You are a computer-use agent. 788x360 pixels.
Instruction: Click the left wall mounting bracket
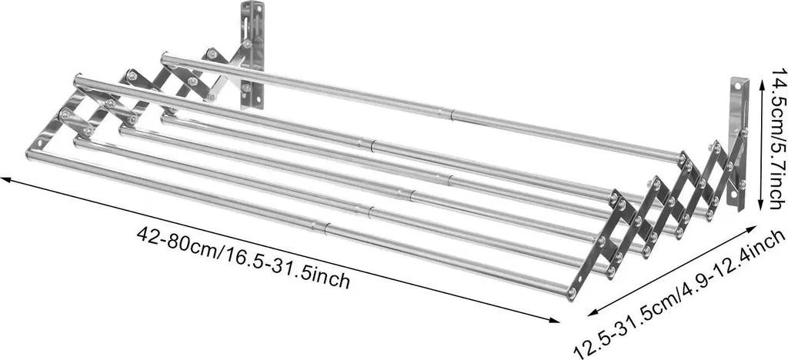click(x=252, y=55)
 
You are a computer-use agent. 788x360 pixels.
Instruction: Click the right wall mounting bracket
click(x=738, y=143)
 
